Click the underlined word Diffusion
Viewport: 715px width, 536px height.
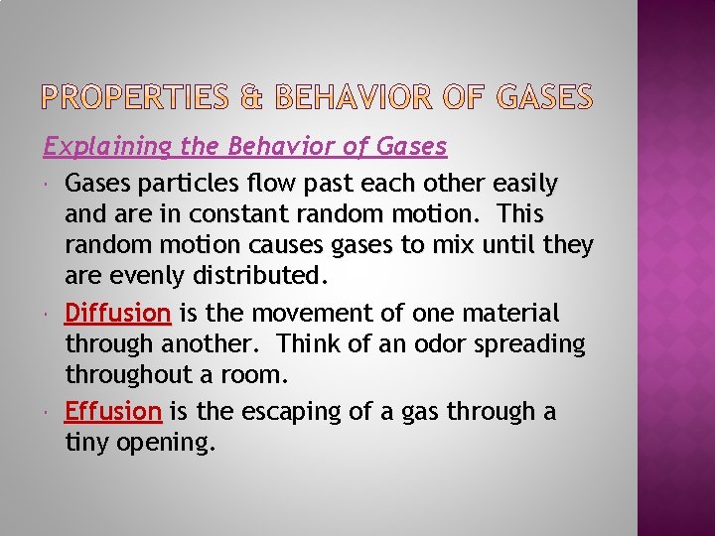pos(118,314)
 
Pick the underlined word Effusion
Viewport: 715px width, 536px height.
pos(113,411)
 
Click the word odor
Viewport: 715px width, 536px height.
pos(425,343)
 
